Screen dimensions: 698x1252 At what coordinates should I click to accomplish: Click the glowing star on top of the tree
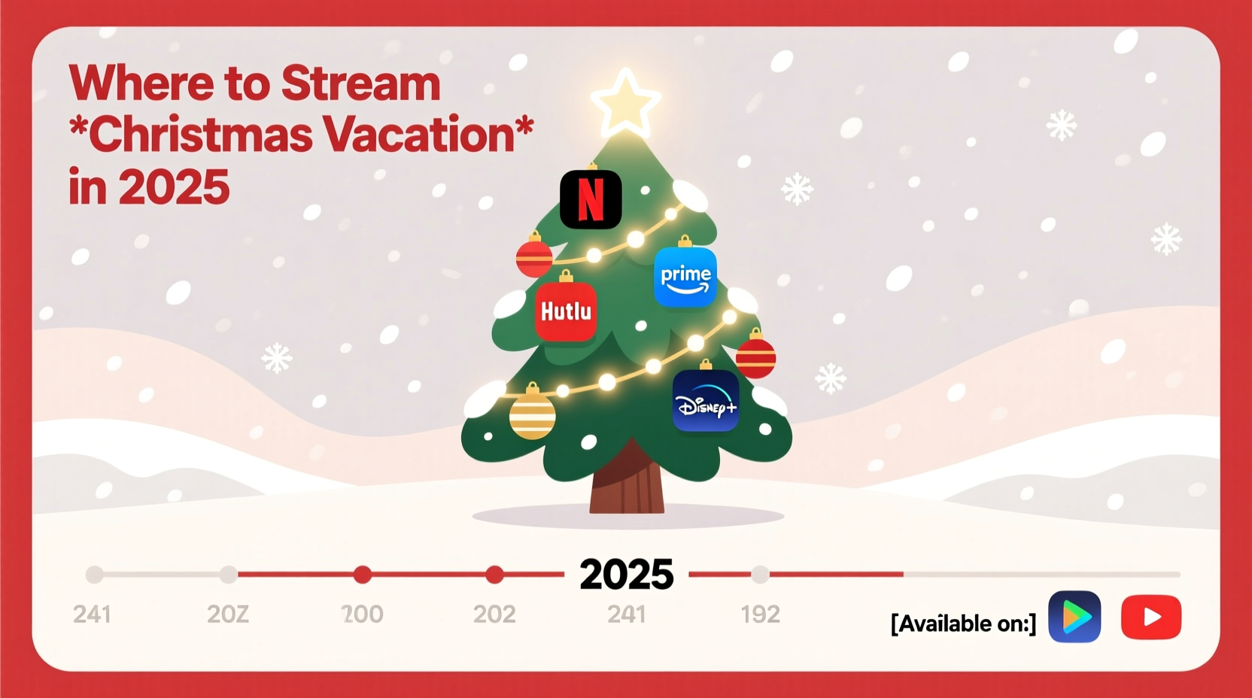tap(625, 103)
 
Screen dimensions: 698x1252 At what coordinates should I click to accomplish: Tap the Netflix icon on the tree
tap(591, 199)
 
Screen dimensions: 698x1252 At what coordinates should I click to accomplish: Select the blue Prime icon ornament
tap(685, 278)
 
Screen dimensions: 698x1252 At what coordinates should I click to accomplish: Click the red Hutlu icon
tap(566, 311)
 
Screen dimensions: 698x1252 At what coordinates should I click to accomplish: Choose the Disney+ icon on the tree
tap(706, 402)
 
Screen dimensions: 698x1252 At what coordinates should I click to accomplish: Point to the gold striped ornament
tap(532, 415)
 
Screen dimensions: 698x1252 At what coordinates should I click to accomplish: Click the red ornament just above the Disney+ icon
tap(755, 357)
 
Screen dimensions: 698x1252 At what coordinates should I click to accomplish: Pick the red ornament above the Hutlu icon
tap(534, 258)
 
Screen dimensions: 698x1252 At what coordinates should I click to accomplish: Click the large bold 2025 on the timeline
tap(626, 575)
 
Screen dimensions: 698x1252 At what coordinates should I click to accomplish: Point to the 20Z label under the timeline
tap(227, 615)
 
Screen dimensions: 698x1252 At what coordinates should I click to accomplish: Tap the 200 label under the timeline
tap(362, 615)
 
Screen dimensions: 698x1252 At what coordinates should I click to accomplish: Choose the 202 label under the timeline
tap(494, 615)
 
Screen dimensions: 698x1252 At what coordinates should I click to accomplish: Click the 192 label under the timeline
tap(760, 615)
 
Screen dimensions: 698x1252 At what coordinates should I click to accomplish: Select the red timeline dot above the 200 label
tap(363, 575)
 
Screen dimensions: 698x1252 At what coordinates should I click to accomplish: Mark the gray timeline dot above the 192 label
tap(761, 575)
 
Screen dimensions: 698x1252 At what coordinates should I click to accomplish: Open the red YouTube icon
tap(1150, 617)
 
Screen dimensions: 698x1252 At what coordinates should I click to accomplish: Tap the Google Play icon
tap(1074, 617)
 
